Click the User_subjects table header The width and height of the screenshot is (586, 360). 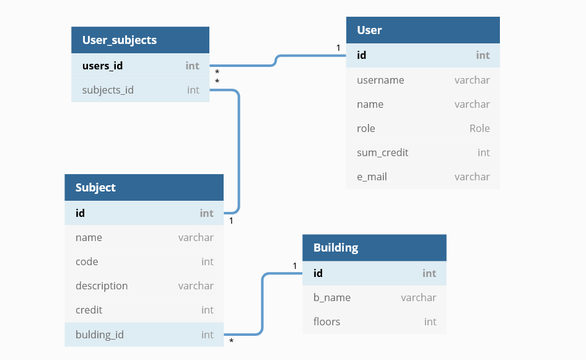click(x=119, y=40)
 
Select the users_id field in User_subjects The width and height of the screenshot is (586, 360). click(x=102, y=65)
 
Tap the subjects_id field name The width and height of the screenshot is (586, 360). click(x=108, y=90)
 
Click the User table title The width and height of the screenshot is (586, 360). click(x=369, y=30)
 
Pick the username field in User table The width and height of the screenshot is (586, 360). click(x=380, y=80)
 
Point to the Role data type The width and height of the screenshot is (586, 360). click(x=479, y=128)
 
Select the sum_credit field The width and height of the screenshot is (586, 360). click(x=382, y=152)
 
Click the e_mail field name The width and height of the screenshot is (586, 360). click(x=372, y=177)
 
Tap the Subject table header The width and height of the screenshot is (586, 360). click(x=95, y=187)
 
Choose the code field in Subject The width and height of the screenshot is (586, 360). click(x=87, y=261)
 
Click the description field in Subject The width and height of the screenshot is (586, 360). click(x=102, y=286)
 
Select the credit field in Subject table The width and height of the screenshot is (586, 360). click(x=89, y=310)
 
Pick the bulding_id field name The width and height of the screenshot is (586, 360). click(x=100, y=335)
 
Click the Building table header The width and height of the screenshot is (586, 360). click(x=336, y=247)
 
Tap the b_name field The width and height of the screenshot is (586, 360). click(x=331, y=297)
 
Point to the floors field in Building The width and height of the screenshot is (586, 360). click(x=326, y=322)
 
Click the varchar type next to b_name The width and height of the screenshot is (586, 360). click(x=418, y=297)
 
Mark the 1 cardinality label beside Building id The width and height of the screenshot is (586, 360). click(x=295, y=266)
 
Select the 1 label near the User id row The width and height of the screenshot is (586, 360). click(x=338, y=48)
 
